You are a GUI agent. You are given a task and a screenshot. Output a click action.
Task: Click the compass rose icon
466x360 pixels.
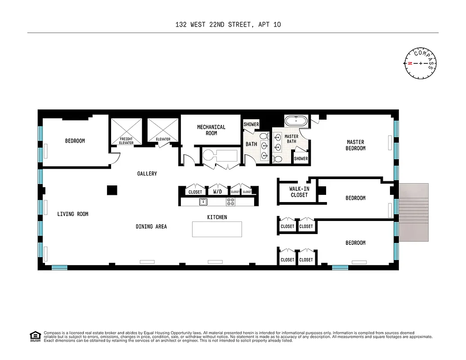point(420,63)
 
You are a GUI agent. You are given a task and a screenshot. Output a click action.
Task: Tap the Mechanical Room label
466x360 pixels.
point(211,130)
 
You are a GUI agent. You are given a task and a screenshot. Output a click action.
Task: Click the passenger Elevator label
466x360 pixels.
point(163,139)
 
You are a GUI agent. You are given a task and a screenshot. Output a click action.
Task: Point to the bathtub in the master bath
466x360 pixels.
point(296,121)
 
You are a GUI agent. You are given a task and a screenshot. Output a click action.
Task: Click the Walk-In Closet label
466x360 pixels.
point(299,192)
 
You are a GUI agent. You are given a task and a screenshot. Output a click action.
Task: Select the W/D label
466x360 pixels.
point(218,192)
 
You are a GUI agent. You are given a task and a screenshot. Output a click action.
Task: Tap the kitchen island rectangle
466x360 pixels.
point(217,229)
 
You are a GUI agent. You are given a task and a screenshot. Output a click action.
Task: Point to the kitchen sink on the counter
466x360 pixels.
point(203,202)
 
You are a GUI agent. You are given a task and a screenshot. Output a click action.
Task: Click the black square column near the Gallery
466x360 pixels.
point(112,190)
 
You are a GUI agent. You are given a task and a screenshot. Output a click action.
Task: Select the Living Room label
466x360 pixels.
point(72,214)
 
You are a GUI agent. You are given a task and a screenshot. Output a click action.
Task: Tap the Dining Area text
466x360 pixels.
point(151,226)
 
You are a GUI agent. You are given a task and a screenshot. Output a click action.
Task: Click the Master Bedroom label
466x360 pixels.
point(355,145)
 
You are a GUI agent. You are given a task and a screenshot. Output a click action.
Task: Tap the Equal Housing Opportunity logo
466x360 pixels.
point(35,336)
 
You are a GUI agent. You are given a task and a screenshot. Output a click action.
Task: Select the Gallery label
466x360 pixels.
point(147,174)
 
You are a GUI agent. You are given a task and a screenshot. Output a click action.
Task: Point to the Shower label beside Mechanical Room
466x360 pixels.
point(251,125)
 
